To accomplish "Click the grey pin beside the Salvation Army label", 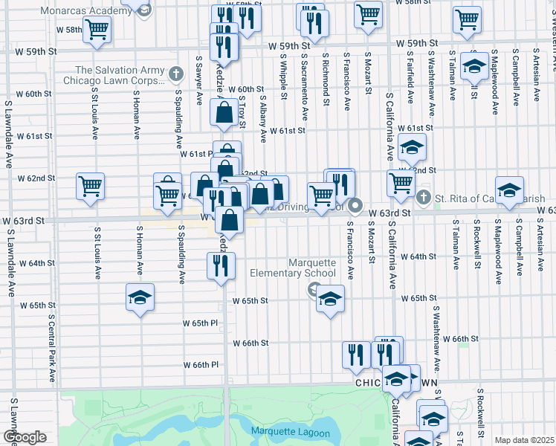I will [x=175, y=73].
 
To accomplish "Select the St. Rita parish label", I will [x=491, y=198].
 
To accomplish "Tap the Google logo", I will [x=25, y=437].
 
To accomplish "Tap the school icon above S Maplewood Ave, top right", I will [x=473, y=68].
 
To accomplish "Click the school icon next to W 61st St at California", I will [x=412, y=148].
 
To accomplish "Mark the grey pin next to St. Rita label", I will [x=424, y=198].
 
